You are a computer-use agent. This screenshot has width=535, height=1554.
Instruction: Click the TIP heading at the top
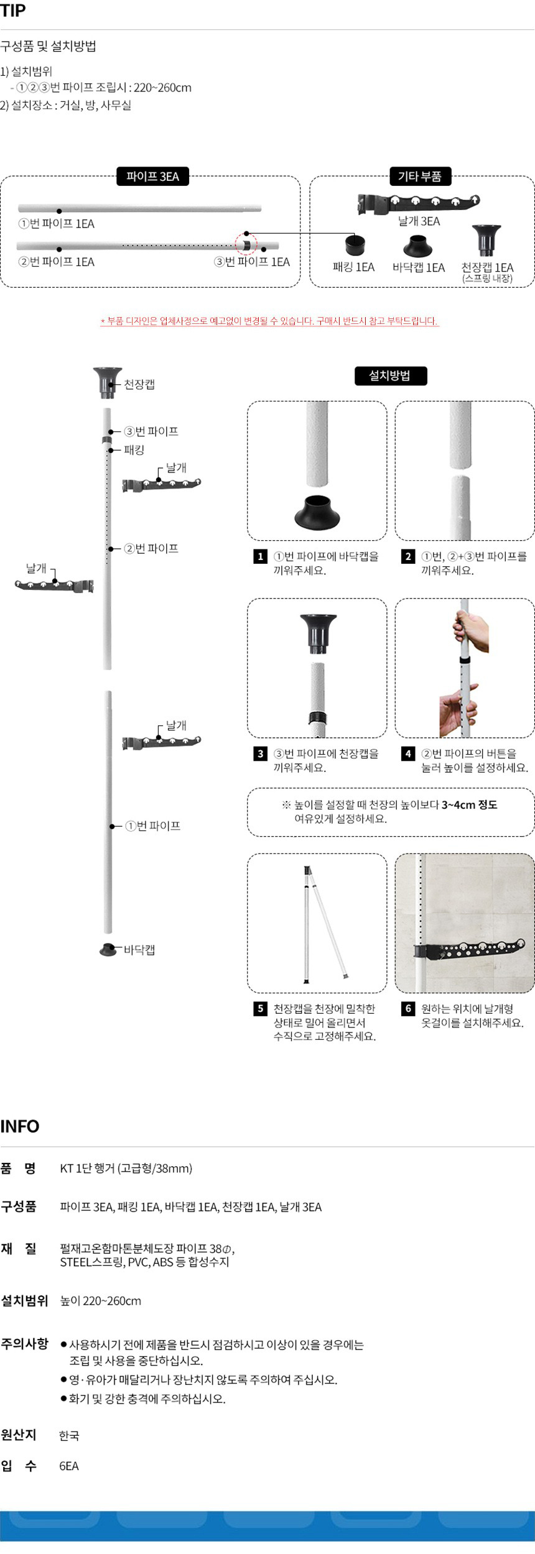[x=13, y=11]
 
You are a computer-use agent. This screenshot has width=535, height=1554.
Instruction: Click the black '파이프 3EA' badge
[x=152, y=177]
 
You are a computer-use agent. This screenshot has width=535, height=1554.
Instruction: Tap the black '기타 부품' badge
[x=420, y=177]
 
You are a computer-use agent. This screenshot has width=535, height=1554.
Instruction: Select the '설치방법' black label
[x=390, y=375]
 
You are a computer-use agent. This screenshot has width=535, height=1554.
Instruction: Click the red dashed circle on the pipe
[x=246, y=244]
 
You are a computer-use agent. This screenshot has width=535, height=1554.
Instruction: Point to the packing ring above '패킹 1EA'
[x=355, y=245]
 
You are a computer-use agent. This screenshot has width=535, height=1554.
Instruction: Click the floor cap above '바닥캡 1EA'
[x=417, y=246]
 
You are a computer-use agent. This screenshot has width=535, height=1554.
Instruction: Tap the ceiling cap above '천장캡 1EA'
[x=486, y=241]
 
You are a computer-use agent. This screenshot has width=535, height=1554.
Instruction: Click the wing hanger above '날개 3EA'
[x=418, y=202]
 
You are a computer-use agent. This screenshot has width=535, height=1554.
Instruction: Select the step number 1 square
[x=261, y=556]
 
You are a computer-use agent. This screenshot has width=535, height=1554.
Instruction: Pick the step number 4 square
[x=408, y=753]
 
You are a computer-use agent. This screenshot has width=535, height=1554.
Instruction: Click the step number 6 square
[x=408, y=1008]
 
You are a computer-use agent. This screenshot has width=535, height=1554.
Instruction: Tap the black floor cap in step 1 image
[x=317, y=511]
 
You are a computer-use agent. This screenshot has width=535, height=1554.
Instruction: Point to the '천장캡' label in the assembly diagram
[x=139, y=384]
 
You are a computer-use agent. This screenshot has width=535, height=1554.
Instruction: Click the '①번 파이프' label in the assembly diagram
[x=153, y=825]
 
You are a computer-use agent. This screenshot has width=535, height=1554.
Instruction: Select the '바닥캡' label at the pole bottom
[x=139, y=950]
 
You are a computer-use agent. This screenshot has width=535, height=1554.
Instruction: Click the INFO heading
[x=20, y=1126]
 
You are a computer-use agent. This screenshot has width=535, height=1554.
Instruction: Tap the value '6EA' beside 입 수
[x=69, y=1466]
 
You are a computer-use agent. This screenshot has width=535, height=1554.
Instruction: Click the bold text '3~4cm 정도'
[x=470, y=804]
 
